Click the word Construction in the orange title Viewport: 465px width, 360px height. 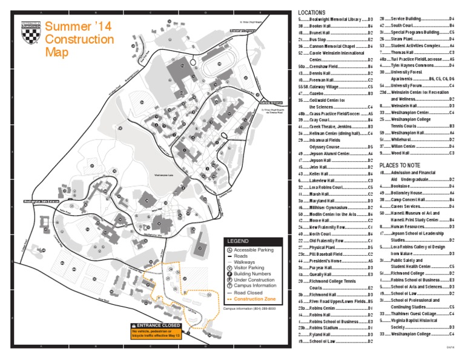point(79,40)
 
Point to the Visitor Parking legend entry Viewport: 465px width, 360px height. point(248,267)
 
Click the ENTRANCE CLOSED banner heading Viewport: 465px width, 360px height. point(157,325)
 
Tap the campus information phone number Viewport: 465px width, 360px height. point(243,309)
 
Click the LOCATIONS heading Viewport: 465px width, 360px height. point(312,12)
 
